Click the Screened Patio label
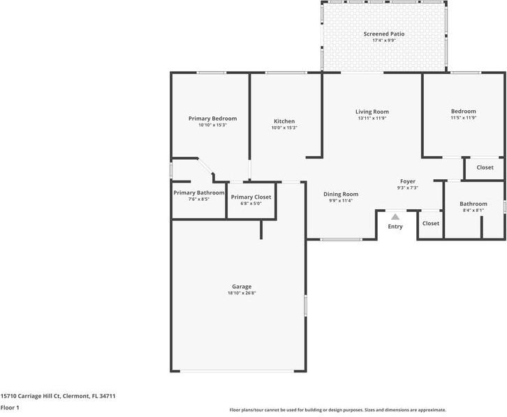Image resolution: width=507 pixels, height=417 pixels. coord(383,33)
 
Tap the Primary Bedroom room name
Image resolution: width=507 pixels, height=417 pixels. coord(212,119)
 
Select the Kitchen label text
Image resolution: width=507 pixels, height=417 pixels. coord(284,121)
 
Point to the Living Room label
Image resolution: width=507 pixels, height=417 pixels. coord(372,112)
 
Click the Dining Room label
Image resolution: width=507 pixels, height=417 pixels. coord(341,194)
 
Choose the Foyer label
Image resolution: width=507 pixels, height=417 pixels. coord(407,181)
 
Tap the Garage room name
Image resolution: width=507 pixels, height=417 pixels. coord(242,287)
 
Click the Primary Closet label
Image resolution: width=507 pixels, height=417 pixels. coord(251,197)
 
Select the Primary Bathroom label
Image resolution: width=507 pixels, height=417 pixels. coord(199,192)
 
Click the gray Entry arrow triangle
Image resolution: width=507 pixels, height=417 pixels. coord(395,217)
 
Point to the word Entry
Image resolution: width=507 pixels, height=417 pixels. coord(395,227)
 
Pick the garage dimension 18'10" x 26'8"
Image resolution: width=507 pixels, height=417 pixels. coord(242,294)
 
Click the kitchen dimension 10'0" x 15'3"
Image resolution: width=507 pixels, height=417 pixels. coord(284,128)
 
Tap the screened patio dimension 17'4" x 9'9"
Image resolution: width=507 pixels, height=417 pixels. coord(383,40)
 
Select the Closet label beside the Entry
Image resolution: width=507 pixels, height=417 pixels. coord(431,224)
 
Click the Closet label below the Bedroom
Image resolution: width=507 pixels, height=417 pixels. coord(485,167)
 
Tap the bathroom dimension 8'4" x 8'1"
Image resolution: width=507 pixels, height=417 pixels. coord(473,210)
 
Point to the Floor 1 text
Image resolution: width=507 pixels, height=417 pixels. coord(10,408)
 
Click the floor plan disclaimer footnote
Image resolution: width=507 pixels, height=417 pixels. coord(337,410)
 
